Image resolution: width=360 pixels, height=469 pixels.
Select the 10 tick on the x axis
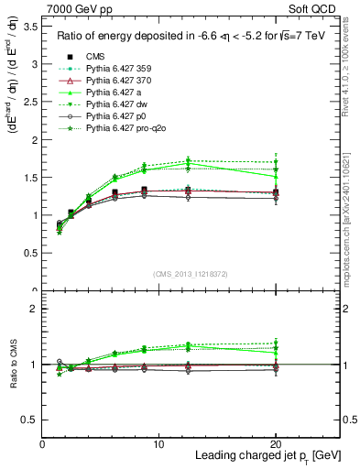[159, 442]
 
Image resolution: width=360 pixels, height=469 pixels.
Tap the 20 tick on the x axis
[276, 442]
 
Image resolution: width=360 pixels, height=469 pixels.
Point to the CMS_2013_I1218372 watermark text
[191, 274]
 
